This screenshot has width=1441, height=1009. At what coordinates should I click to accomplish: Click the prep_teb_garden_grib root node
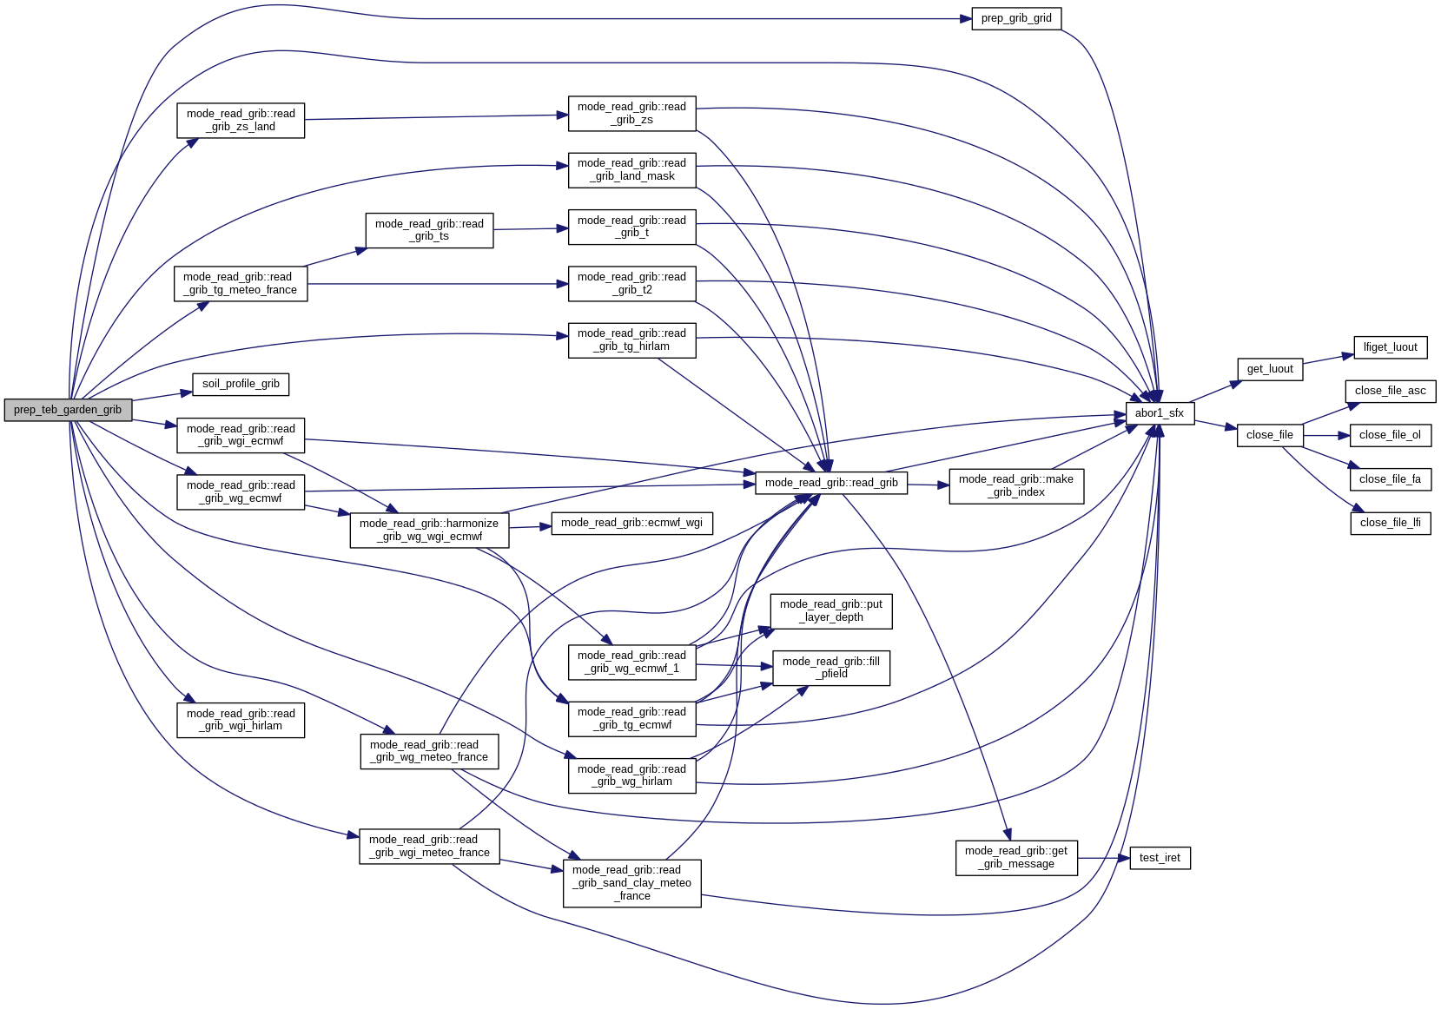(68, 410)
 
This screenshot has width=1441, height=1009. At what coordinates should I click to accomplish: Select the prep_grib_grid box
(1016, 18)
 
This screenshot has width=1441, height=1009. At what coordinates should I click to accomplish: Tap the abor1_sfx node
(1160, 413)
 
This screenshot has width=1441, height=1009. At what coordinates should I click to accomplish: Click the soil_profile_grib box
(241, 384)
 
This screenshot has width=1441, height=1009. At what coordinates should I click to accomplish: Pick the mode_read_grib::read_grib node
(831, 483)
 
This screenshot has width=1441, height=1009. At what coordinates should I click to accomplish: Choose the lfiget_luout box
(1390, 347)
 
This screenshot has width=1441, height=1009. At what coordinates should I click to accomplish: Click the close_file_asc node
(1390, 391)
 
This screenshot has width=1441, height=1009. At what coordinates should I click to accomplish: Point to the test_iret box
(1160, 858)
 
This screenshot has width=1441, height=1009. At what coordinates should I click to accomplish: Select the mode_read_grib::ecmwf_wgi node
(631, 523)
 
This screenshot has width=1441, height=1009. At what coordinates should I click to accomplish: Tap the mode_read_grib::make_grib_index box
(1016, 485)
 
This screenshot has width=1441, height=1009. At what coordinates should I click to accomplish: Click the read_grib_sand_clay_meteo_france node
(631, 883)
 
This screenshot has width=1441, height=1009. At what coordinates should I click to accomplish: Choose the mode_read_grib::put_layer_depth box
(830, 610)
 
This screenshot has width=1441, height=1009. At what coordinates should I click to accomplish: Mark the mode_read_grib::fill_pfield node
(830, 668)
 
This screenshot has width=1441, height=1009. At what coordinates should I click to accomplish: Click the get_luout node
(1270, 369)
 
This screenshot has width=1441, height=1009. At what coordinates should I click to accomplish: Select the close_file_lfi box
(1390, 523)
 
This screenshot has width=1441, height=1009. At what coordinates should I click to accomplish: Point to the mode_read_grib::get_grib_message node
(1016, 857)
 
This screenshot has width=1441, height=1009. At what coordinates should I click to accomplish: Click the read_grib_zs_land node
(241, 120)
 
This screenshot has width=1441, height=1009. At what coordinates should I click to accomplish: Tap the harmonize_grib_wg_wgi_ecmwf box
(429, 530)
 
